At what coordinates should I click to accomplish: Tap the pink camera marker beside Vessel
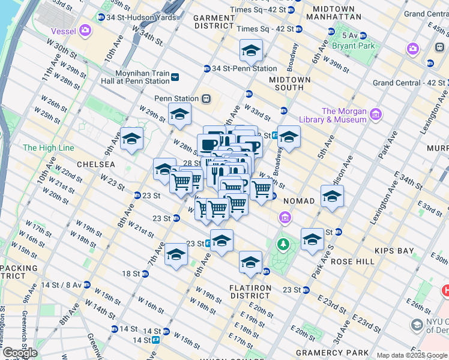click(x=85, y=29)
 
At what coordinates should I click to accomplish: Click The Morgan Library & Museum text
click(x=344, y=115)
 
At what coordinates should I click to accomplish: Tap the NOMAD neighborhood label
click(x=298, y=200)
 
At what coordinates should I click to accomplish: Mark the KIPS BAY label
click(x=391, y=248)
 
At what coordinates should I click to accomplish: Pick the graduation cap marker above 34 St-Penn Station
click(x=252, y=50)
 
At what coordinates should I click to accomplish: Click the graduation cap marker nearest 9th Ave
click(x=132, y=139)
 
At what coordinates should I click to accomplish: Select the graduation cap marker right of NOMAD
click(x=332, y=196)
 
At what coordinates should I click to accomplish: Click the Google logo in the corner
click(x=20, y=352)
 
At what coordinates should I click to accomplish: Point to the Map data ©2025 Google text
click(x=411, y=355)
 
